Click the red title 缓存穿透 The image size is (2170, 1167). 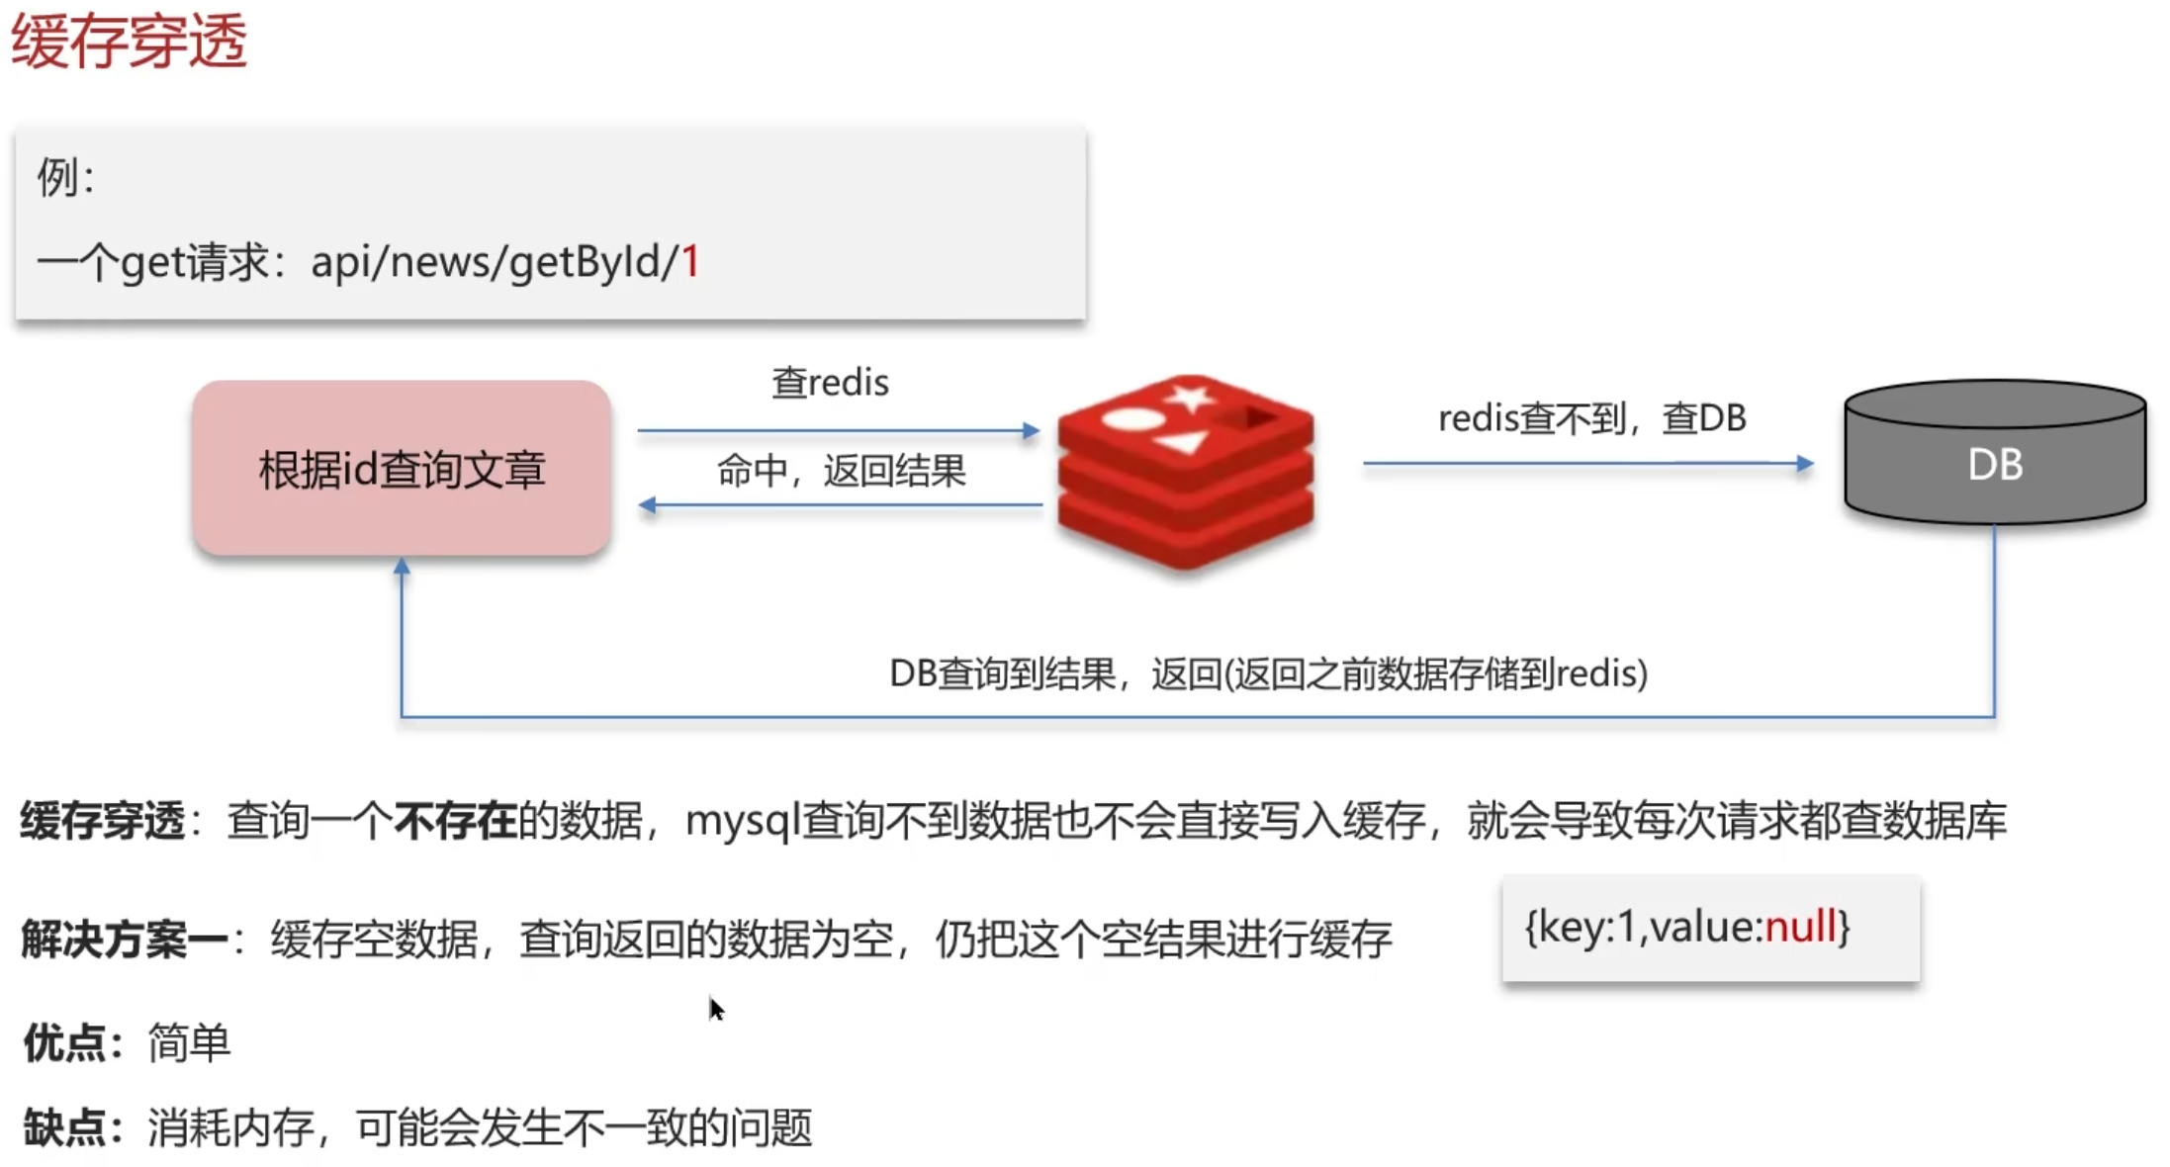[129, 42]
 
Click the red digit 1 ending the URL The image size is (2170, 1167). [690, 262]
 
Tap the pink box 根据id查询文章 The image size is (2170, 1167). [402, 469]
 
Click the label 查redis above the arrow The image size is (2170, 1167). [830, 383]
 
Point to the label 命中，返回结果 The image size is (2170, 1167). [841, 472]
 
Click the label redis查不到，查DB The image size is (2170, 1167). [1591, 418]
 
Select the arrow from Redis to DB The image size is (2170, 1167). [1586, 463]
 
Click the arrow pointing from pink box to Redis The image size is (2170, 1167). [838, 430]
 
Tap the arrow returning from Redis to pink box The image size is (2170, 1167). [841, 505]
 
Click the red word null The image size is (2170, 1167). [1800, 928]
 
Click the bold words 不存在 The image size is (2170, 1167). [455, 821]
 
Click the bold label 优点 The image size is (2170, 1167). [64, 1043]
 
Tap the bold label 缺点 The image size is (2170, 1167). [64, 1127]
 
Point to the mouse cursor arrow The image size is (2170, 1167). [716, 1008]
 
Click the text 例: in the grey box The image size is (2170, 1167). [65, 178]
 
